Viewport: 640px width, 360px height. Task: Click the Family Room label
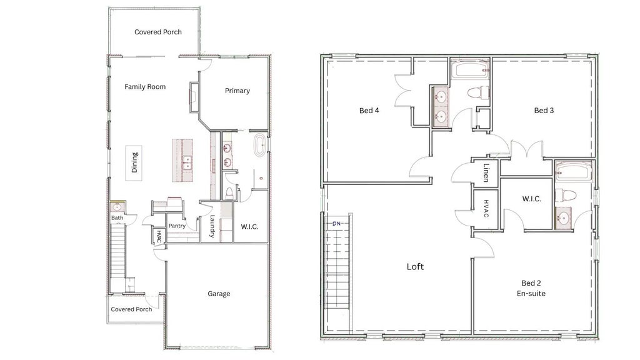click(x=145, y=87)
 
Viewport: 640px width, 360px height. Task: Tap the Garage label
click(x=219, y=294)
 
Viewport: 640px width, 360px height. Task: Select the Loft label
click(x=415, y=267)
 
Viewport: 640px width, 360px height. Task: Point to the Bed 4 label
click(x=369, y=111)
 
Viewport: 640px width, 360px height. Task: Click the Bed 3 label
click(x=544, y=111)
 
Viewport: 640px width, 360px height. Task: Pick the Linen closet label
click(x=486, y=172)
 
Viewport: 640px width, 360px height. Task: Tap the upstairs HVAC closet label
click(x=486, y=208)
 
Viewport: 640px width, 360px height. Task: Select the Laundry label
click(x=212, y=226)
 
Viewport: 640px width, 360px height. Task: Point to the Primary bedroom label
click(x=237, y=91)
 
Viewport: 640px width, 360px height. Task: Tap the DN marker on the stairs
click(x=337, y=223)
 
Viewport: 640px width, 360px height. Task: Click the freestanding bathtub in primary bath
click(x=259, y=145)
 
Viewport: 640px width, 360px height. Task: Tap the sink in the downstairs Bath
click(x=116, y=207)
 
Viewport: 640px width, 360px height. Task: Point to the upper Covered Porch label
click(x=158, y=32)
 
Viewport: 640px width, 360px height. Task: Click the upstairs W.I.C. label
click(x=531, y=199)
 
